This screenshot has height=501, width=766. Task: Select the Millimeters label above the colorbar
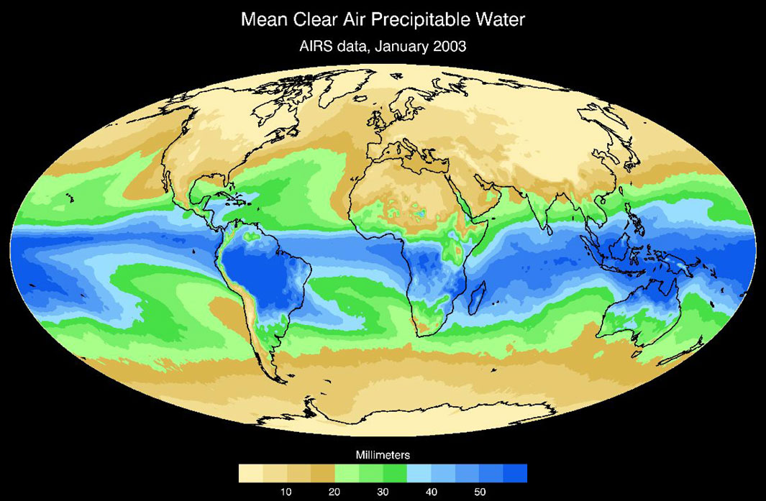click(x=382, y=455)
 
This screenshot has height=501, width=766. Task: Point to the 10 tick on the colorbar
click(x=286, y=492)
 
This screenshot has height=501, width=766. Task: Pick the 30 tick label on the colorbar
click(x=383, y=492)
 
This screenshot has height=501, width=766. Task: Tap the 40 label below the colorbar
click(x=431, y=492)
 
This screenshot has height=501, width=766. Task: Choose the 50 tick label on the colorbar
click(x=479, y=492)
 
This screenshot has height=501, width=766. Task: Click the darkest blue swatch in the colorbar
click(x=515, y=473)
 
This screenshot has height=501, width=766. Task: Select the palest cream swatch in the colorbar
click(x=250, y=473)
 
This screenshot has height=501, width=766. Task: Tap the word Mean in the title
click(x=267, y=19)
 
